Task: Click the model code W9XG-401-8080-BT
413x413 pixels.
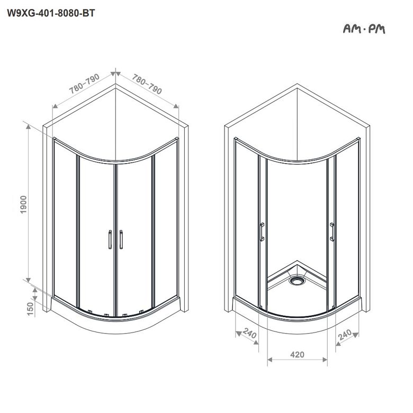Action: click(51, 13)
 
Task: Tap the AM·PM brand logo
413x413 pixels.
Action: click(364, 29)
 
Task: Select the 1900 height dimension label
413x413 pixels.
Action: click(23, 205)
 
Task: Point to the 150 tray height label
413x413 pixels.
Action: click(31, 309)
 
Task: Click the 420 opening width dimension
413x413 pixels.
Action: click(297, 355)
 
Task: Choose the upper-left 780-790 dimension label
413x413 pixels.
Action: click(84, 83)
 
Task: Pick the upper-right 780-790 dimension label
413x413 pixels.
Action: click(147, 84)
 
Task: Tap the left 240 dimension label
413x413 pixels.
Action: click(249, 333)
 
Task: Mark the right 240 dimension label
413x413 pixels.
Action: click(345, 335)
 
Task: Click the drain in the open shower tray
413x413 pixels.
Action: click(297, 280)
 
